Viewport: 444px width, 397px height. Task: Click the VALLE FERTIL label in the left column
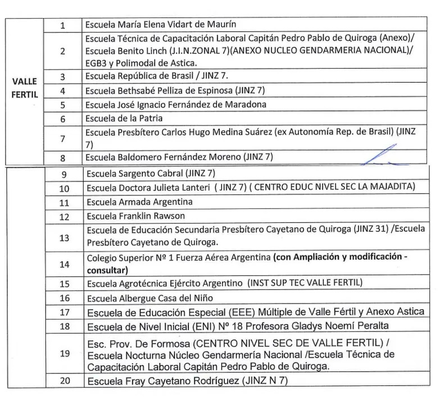24,88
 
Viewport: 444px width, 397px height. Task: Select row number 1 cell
63,25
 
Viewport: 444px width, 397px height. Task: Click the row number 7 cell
63,138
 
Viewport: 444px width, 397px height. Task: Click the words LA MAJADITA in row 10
387,187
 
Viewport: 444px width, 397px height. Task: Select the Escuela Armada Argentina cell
139,201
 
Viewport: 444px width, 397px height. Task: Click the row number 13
64,237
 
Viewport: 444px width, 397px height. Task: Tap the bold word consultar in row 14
107,270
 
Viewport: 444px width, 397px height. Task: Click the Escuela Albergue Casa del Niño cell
149,297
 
